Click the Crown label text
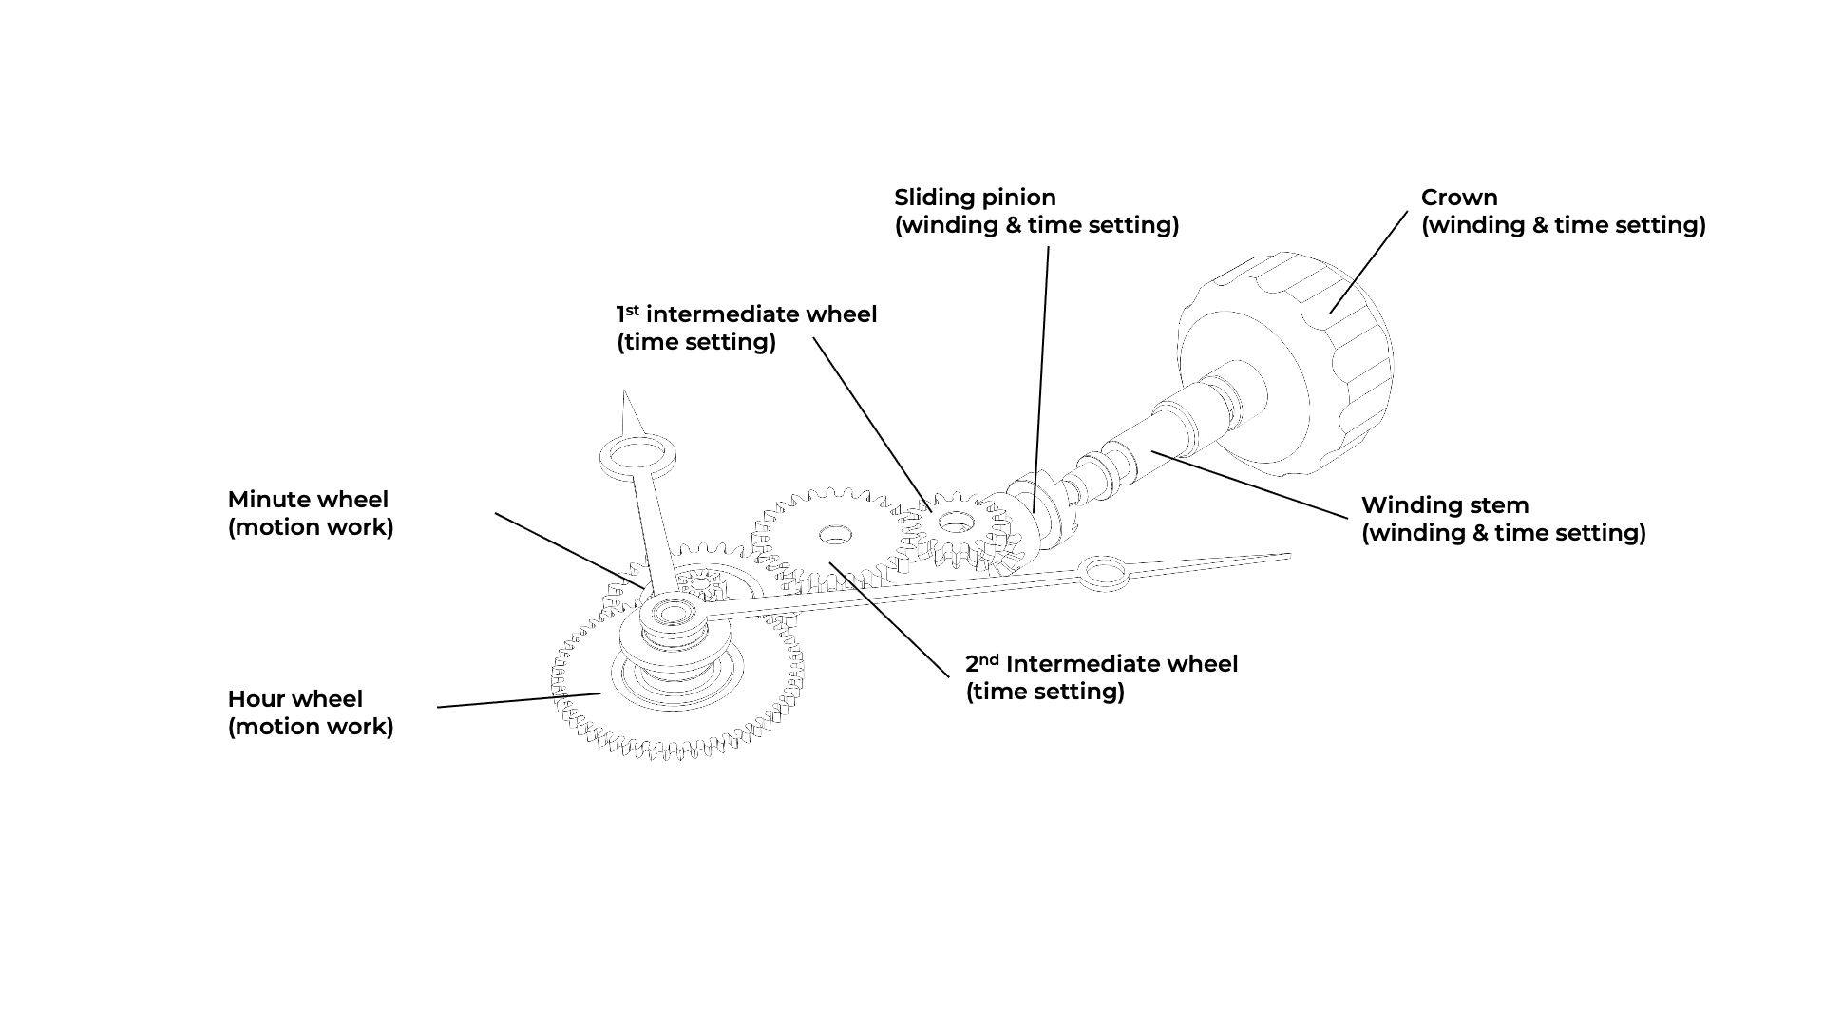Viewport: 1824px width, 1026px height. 1563,211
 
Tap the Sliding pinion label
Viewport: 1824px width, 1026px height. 1036,211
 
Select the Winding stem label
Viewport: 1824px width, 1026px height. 1504,519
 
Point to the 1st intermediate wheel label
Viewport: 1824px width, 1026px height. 747,328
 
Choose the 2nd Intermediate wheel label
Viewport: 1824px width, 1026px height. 1102,677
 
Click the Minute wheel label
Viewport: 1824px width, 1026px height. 311,513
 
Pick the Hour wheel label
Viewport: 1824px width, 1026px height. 311,712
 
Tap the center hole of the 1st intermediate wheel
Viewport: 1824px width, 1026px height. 957,522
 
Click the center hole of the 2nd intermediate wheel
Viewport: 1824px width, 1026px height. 835,535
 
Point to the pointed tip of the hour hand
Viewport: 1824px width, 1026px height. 624,391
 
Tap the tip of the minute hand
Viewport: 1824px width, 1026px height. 1288,556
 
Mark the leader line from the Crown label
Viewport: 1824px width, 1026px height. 1369,262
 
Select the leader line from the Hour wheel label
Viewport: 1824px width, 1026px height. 519,700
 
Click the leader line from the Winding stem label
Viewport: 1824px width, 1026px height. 1249,484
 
